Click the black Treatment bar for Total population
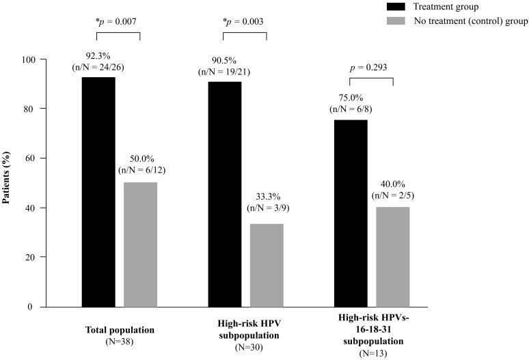pyautogui.click(x=98, y=192)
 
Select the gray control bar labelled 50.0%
pyautogui.click(x=140, y=244)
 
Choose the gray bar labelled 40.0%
pyautogui.click(x=392, y=256)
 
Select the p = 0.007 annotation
pyautogui.click(x=118, y=22)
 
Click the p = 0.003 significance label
pyautogui.click(x=245, y=22)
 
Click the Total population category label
pyautogui.click(x=120, y=330)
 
